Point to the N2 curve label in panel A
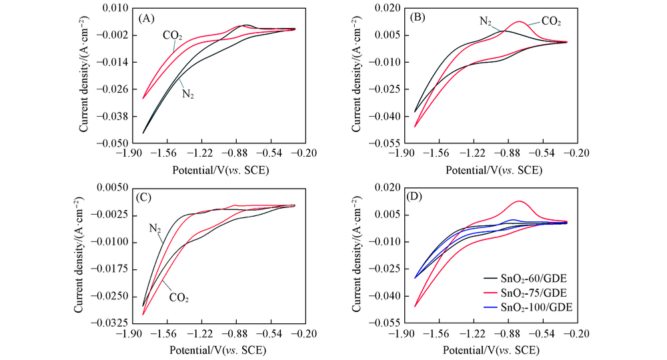pyautogui.click(x=189, y=94)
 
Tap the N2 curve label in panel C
pyautogui.click(x=155, y=229)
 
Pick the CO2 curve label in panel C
pyautogui.click(x=178, y=299)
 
